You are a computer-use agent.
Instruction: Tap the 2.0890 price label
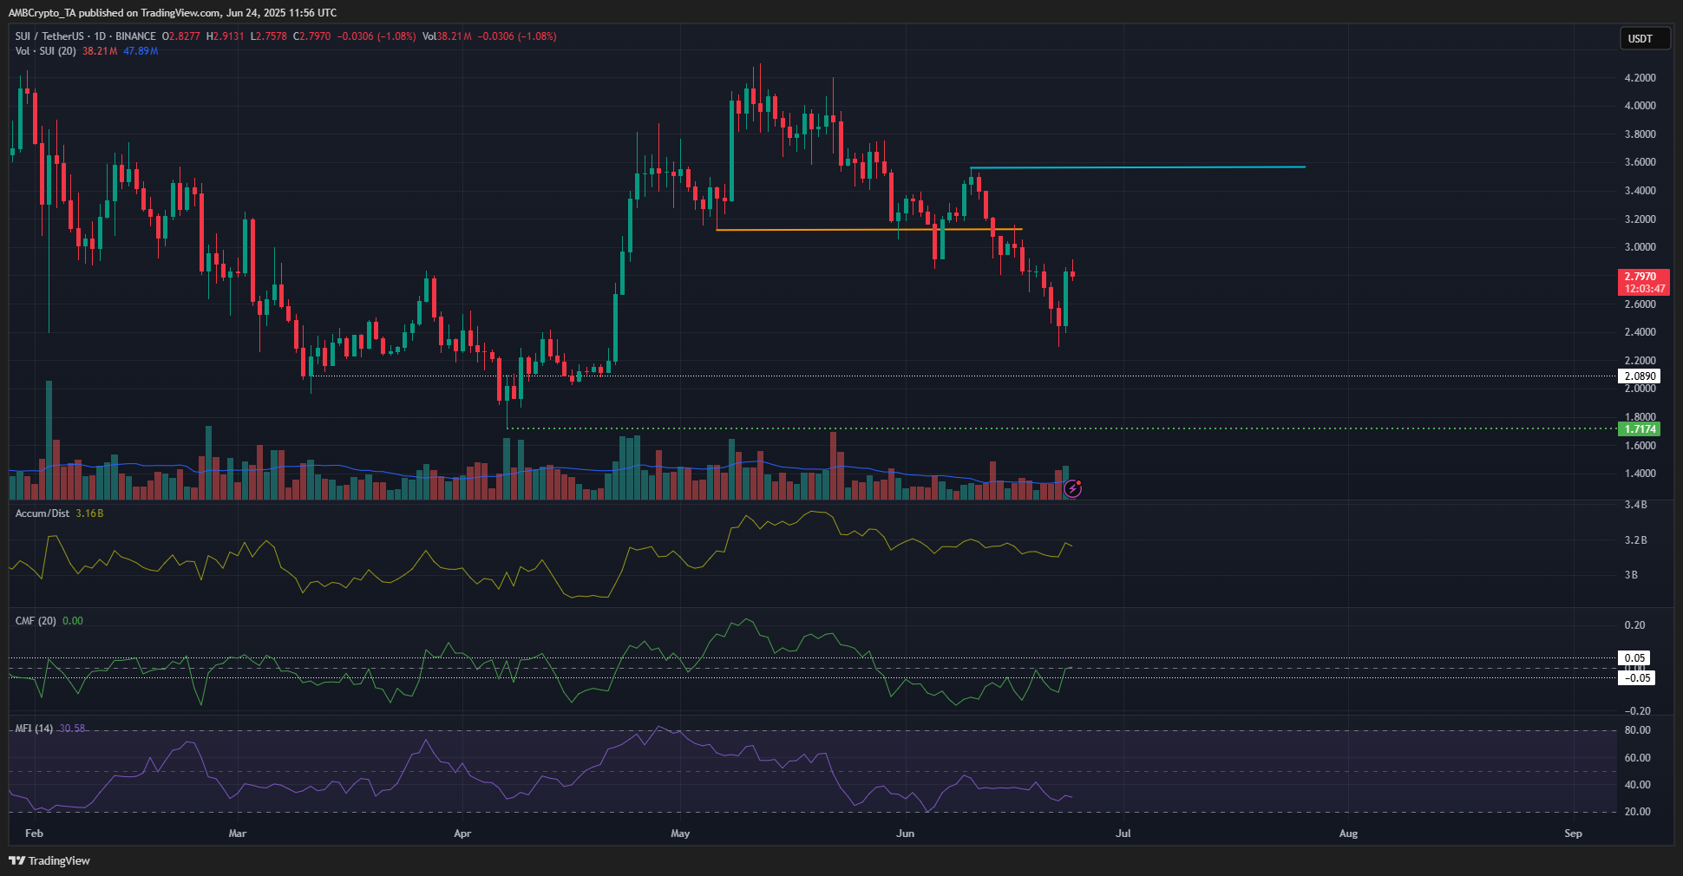(1640, 376)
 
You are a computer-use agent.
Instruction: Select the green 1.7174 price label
(1640, 428)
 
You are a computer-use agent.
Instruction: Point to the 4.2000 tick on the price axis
(1640, 78)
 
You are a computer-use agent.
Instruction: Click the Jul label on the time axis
(1123, 834)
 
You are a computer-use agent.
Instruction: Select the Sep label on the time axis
(1573, 834)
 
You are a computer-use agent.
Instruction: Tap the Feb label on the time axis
(34, 834)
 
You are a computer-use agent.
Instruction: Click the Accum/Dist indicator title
(43, 513)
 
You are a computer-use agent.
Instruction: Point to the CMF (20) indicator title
(36, 621)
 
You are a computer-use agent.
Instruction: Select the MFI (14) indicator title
(34, 729)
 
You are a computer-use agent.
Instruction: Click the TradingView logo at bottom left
(49, 860)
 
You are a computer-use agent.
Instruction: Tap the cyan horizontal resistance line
(1136, 167)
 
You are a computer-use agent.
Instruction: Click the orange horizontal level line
(868, 230)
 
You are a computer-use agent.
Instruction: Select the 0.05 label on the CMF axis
(1635, 658)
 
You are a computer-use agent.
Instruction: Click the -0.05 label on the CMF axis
(1637, 678)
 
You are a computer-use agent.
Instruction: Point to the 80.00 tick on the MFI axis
(1637, 730)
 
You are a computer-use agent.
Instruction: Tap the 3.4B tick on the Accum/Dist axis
(1635, 505)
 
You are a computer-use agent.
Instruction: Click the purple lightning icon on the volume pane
(1073, 489)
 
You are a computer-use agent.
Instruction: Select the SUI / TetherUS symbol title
(49, 36)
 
